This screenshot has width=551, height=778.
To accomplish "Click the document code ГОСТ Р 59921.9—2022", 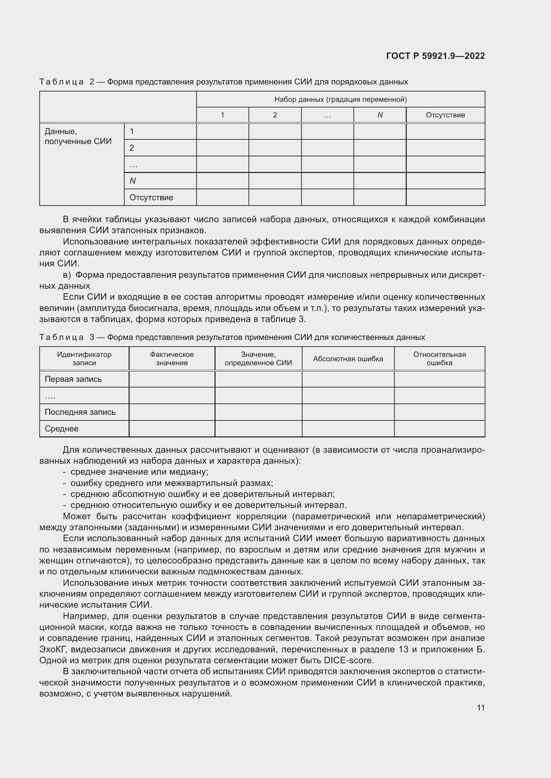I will pos(435,56).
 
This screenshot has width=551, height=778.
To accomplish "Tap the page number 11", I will pos(480,707).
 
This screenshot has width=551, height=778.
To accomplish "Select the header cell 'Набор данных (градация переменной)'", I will pos(340,99).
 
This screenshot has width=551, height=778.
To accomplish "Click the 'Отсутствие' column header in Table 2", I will pos(445,115).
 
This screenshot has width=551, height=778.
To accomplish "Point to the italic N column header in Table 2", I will pos(380,115).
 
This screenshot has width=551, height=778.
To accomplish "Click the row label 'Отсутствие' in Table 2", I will pos(151,198).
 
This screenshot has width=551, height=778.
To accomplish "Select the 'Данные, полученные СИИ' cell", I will pos(78,136).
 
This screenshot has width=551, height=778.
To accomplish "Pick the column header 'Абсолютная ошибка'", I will pos(348,359).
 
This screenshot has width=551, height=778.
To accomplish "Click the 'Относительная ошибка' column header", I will pos(439,359).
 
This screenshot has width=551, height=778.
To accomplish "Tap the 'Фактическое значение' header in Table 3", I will pos(172,359).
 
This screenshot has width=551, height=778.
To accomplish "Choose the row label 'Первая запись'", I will pos(73,379).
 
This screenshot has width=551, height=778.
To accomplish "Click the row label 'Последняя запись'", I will pos(80,412).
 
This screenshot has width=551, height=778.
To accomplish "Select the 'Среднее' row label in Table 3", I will pos(61,429).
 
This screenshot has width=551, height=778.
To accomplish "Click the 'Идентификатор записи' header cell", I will pos(84,359).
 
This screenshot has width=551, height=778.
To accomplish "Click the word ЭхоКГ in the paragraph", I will pos(53,649).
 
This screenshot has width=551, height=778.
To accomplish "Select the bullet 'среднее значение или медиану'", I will pos(139,472).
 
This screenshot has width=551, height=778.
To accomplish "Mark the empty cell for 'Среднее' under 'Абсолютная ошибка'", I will pos(348,429).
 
